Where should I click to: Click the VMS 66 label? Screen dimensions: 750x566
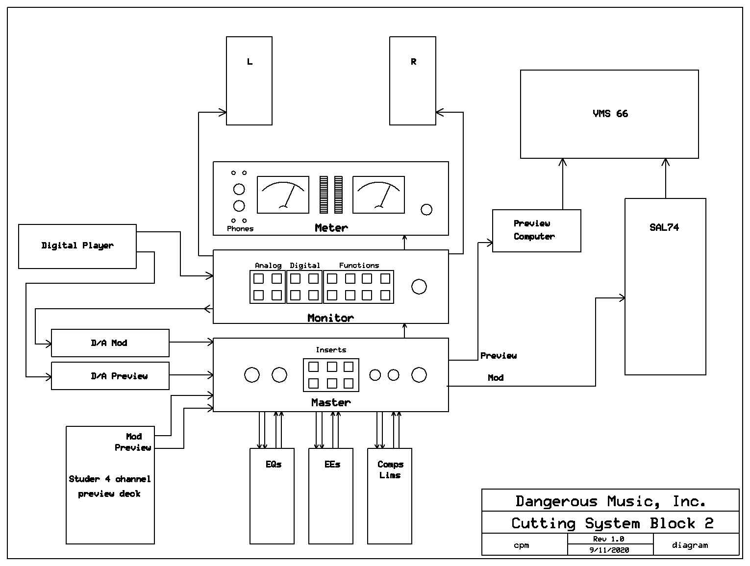[610, 113]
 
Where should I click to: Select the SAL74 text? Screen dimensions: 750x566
[664, 227]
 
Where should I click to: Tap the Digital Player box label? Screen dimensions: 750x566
[77, 246]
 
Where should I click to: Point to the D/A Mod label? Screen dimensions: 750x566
[109, 343]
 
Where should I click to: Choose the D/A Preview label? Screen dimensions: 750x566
[119, 376]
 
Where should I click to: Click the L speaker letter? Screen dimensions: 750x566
[250, 61]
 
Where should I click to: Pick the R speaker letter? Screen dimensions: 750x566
[413, 61]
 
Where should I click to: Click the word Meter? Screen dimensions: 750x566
[331, 227]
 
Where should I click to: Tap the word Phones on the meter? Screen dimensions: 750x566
[240, 228]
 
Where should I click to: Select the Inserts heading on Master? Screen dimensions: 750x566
[331, 350]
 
